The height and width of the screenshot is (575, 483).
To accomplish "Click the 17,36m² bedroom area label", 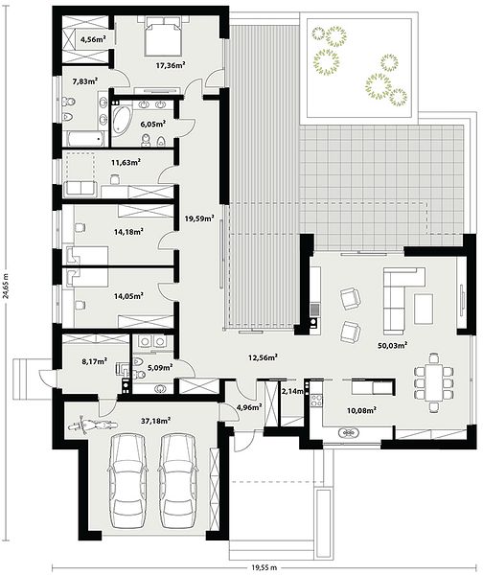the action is click(171, 65).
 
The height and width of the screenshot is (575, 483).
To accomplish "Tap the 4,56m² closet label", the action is click(93, 39).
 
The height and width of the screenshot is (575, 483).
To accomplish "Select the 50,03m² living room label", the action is click(393, 345).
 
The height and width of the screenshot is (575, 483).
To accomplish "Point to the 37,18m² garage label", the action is click(155, 421).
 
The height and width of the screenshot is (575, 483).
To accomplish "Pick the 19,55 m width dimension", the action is click(264, 567).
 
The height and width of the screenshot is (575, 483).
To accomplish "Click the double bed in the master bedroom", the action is click(164, 35).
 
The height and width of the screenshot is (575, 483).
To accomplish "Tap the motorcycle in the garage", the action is click(93, 425).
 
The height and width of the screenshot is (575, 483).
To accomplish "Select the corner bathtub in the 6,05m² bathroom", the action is click(121, 122).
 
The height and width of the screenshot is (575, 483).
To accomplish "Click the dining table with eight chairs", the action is click(434, 382).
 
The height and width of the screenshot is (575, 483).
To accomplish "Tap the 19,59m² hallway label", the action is click(199, 218).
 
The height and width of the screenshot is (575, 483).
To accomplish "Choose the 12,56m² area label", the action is click(263, 356).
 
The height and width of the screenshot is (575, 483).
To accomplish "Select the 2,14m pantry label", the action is click(292, 392).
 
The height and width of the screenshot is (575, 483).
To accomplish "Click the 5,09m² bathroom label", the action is click(160, 367).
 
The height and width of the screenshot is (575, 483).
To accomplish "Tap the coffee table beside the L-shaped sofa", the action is click(424, 309).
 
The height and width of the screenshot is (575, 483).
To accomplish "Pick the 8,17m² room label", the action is click(94, 361).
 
